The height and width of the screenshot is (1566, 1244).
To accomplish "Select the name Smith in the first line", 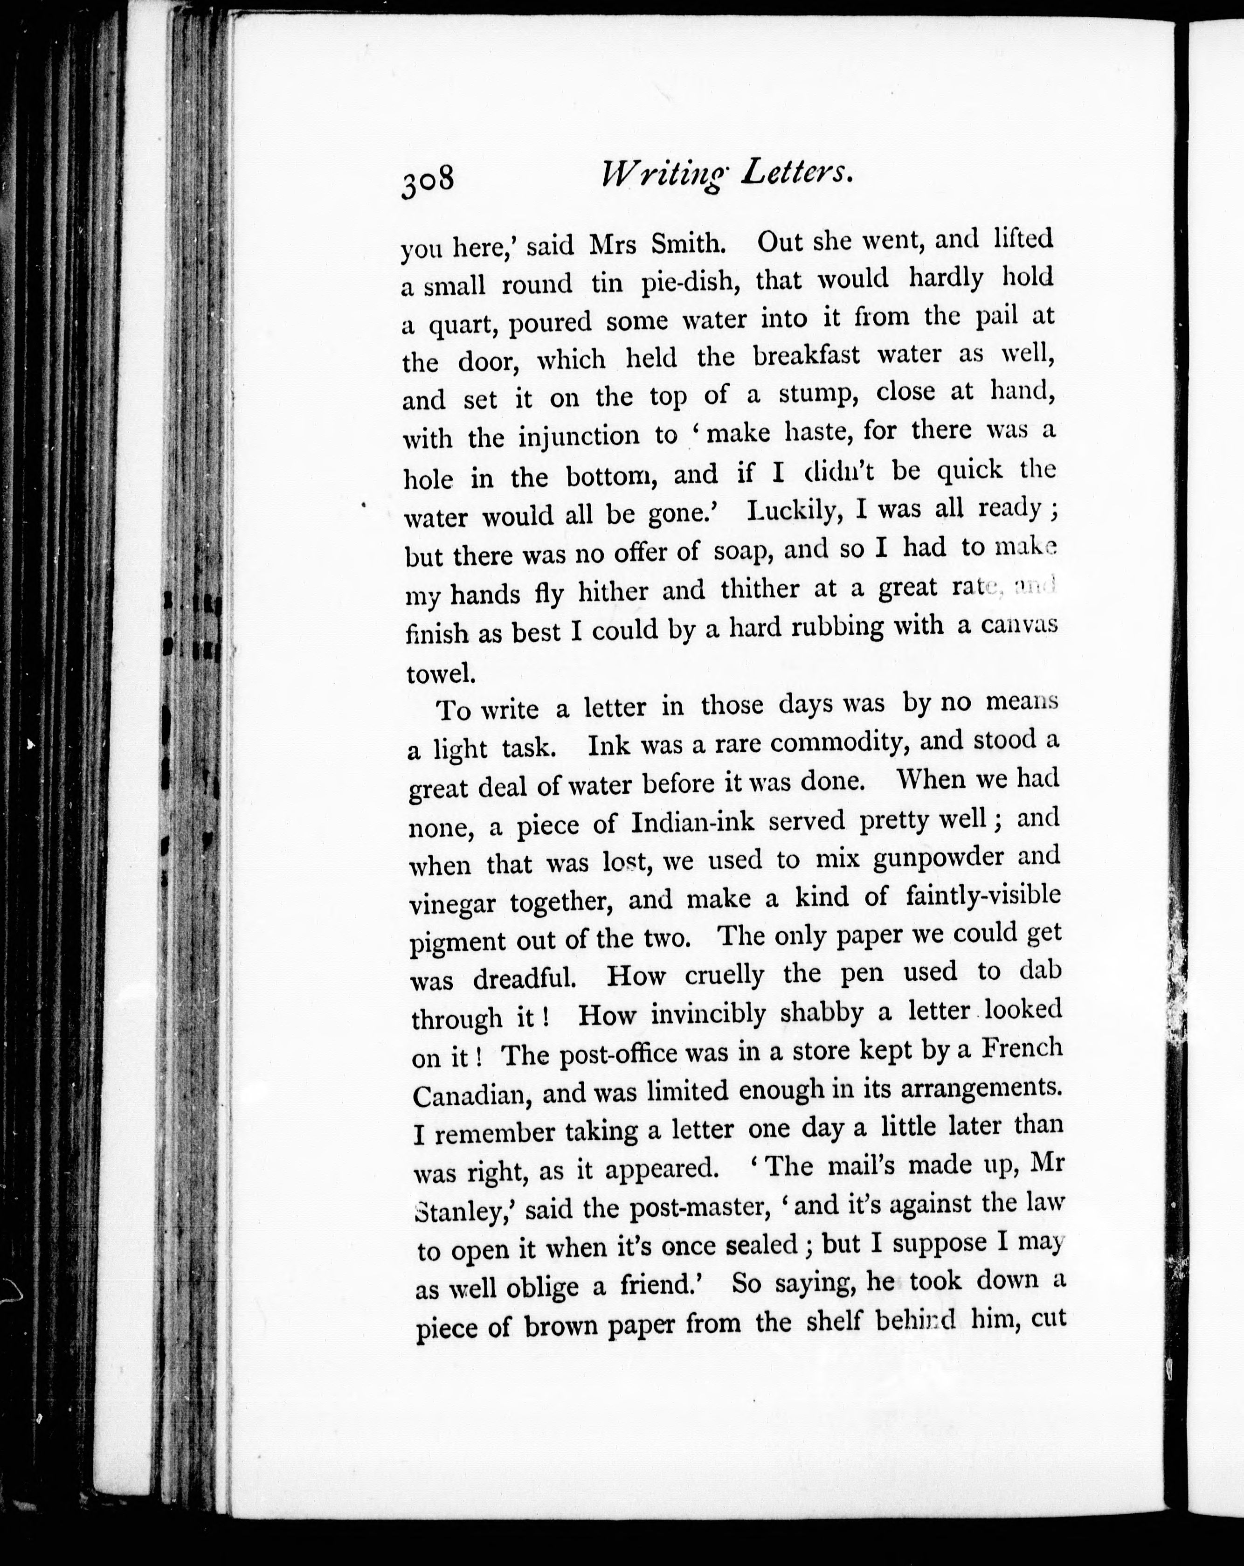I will (689, 244).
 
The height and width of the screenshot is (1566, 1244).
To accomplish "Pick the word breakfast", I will (806, 356).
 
